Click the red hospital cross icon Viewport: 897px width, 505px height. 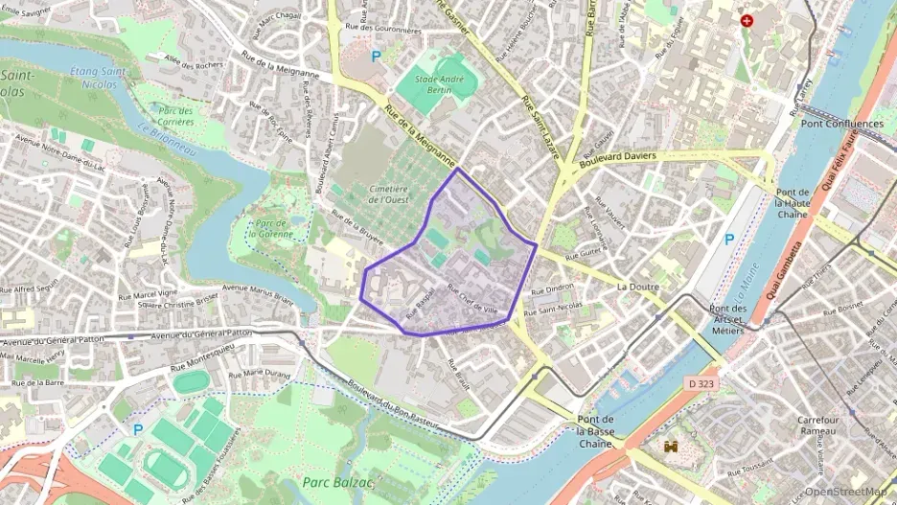pos(747,20)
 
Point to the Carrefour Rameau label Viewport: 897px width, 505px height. pos(825,425)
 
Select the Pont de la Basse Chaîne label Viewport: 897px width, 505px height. pos(602,430)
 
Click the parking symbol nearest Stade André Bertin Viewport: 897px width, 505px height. pos(376,57)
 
